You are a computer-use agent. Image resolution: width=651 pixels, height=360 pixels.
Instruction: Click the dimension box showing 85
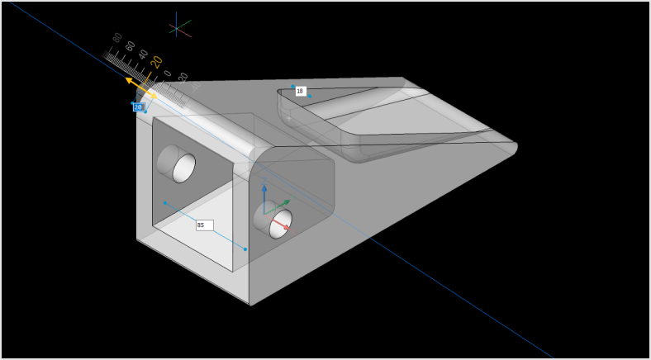coord(204,225)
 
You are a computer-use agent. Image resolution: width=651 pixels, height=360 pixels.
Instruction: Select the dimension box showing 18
coord(300,91)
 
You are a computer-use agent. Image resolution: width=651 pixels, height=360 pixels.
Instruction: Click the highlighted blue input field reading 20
coord(138,107)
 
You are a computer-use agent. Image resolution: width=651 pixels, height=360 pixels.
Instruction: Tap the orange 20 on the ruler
coord(156,62)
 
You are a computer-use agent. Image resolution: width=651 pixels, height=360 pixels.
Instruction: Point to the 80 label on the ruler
coord(117,37)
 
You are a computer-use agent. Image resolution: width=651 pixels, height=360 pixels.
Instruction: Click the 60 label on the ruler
coord(130,45)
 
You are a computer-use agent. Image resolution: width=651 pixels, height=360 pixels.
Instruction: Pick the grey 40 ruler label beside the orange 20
coord(143,54)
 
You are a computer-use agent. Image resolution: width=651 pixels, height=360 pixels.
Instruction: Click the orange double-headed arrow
coord(141,88)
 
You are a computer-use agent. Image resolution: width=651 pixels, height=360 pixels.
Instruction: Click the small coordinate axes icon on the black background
coord(179,27)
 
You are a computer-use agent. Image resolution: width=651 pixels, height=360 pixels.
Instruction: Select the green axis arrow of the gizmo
coord(285,201)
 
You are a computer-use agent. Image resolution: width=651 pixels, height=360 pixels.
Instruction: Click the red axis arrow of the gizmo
coord(284,225)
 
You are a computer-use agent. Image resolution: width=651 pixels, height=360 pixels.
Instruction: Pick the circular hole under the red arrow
coord(280,224)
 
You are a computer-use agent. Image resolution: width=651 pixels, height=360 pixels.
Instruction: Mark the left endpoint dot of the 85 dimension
coord(165,202)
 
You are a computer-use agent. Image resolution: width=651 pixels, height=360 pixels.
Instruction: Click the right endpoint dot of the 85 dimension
coord(245,249)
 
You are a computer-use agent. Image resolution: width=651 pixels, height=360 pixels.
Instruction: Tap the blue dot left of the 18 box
coord(292,86)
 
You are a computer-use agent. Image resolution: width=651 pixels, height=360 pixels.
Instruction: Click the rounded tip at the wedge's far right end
coord(512,149)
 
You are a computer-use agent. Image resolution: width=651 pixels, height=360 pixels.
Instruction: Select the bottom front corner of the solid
coord(249,305)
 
